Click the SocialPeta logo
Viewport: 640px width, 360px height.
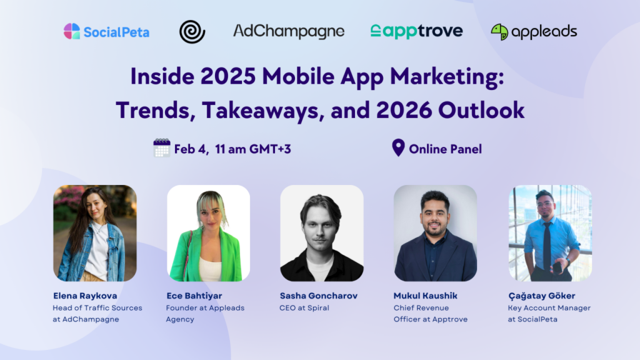click(106, 31)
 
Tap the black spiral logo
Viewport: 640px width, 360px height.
click(192, 32)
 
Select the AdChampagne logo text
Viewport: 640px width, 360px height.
click(289, 31)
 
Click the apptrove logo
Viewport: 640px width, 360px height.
click(416, 31)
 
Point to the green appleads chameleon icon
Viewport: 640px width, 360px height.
click(499, 32)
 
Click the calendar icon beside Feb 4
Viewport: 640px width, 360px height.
click(162, 147)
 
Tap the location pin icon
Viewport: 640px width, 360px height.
click(398, 147)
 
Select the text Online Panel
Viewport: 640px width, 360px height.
click(445, 149)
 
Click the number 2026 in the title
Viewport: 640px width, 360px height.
click(404, 110)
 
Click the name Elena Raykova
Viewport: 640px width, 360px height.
click(85, 296)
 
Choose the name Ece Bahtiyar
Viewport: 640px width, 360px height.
click(194, 296)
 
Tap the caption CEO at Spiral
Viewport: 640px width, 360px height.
click(304, 308)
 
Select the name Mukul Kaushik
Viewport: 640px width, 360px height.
click(425, 296)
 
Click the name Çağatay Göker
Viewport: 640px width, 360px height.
click(542, 296)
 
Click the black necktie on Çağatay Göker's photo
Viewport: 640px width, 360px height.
click(547, 245)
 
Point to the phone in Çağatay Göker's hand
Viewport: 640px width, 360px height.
click(557, 267)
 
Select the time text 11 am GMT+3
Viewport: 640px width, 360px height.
click(253, 149)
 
